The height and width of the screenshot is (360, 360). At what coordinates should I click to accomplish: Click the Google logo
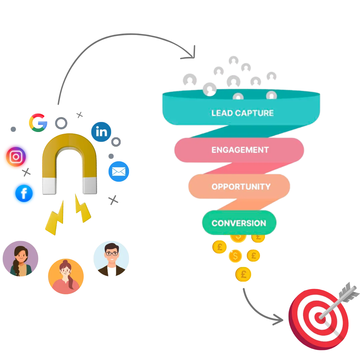click(x=37, y=123)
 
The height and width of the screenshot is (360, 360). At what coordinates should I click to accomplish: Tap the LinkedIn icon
click(x=101, y=132)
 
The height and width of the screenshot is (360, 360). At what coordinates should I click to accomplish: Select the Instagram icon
click(x=16, y=157)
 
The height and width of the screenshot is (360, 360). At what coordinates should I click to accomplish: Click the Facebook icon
click(x=24, y=193)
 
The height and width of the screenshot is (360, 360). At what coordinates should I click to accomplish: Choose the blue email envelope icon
click(x=119, y=171)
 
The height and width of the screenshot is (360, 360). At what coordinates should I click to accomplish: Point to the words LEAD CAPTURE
click(x=242, y=113)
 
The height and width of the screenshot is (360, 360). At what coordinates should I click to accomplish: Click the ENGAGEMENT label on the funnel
click(x=240, y=150)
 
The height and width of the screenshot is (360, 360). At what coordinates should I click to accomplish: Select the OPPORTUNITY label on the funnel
click(x=241, y=186)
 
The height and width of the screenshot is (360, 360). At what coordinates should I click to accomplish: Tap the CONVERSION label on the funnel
click(x=239, y=223)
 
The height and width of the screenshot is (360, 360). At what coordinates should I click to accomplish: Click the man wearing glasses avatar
click(x=112, y=259)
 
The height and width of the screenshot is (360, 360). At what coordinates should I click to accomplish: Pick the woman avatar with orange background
click(x=66, y=276)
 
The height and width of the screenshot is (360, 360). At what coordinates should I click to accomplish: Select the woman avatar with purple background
click(x=21, y=259)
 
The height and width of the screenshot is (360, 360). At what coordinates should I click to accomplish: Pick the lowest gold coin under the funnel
click(x=244, y=274)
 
